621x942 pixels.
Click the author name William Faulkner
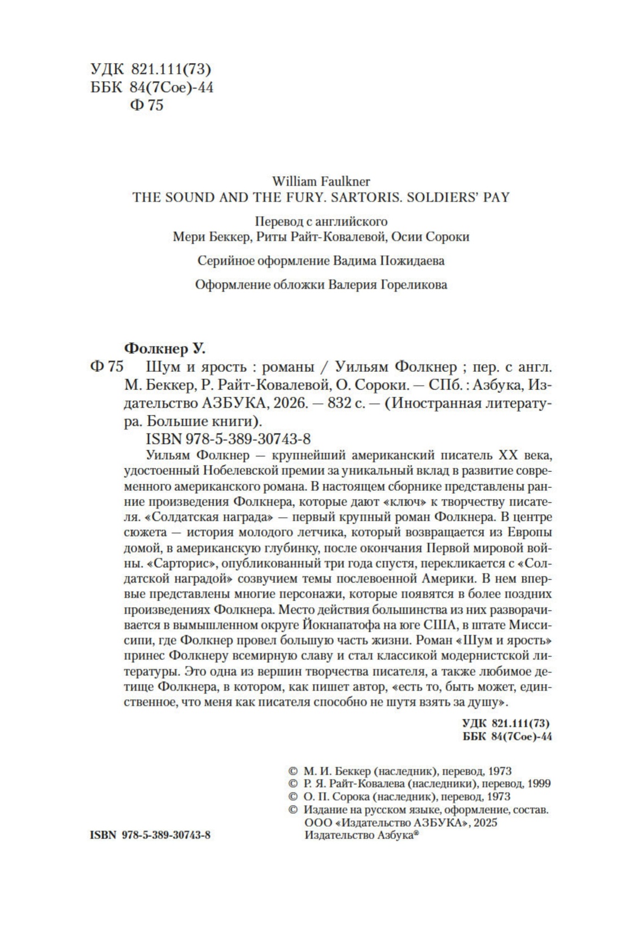(321, 181)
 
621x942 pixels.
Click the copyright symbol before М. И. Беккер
(292, 770)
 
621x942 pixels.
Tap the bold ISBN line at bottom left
(150, 835)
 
